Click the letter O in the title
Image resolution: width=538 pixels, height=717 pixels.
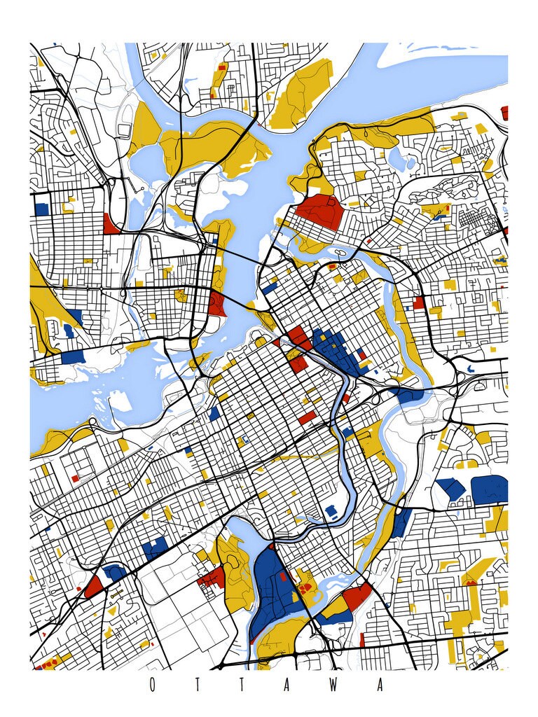(152, 685)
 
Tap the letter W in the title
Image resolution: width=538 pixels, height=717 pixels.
(336, 685)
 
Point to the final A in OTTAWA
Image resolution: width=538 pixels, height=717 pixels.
(380, 685)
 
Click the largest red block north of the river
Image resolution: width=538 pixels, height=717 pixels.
(319, 211)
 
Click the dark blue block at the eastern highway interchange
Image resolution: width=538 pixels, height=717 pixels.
(409, 395)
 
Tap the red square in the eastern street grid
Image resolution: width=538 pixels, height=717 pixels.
(419, 302)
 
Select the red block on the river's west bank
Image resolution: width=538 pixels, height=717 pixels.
(216, 303)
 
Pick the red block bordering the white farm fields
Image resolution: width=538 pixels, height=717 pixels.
(212, 577)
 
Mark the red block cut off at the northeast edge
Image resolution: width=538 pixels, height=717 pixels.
(504, 112)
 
